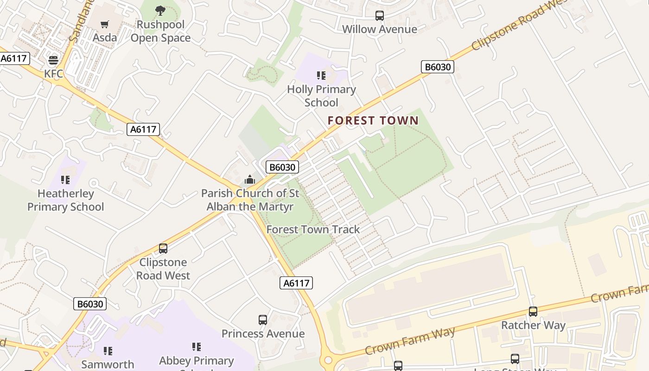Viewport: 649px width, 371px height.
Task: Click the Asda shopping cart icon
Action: click(x=105, y=24)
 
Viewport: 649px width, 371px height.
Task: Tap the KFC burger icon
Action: click(x=53, y=60)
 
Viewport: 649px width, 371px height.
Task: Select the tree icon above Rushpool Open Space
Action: click(x=160, y=10)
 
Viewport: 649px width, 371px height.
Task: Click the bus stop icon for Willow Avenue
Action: click(x=380, y=16)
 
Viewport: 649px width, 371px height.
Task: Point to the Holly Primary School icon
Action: click(x=321, y=75)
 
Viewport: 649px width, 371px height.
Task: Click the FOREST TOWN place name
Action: click(x=373, y=121)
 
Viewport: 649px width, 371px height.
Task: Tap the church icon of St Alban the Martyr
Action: click(x=250, y=179)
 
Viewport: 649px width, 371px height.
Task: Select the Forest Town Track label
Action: click(x=313, y=230)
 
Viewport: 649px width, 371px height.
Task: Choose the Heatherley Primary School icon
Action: click(x=65, y=179)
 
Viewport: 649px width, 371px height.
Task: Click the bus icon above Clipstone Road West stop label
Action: click(x=163, y=248)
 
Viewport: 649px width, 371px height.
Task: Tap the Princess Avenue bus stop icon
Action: click(x=263, y=320)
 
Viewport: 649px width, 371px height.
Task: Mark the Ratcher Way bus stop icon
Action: click(x=533, y=312)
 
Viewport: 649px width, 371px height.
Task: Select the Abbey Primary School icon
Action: click(x=197, y=347)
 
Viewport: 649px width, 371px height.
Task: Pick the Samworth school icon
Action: click(x=108, y=351)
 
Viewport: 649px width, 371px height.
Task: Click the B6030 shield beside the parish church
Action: click(x=282, y=167)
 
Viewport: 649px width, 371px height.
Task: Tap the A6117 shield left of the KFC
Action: click(x=14, y=58)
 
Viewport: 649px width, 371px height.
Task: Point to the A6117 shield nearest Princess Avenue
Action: click(x=296, y=283)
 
